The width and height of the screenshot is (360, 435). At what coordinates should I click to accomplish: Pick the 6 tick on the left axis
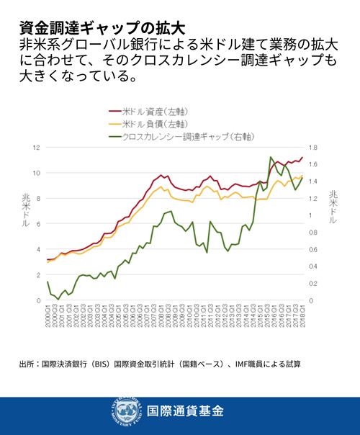[37, 224]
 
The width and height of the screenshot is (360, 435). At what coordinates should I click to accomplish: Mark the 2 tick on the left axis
[37, 275]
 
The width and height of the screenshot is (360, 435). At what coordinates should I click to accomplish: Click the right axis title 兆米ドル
[333, 209]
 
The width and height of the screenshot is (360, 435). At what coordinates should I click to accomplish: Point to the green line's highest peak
[271, 156]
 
